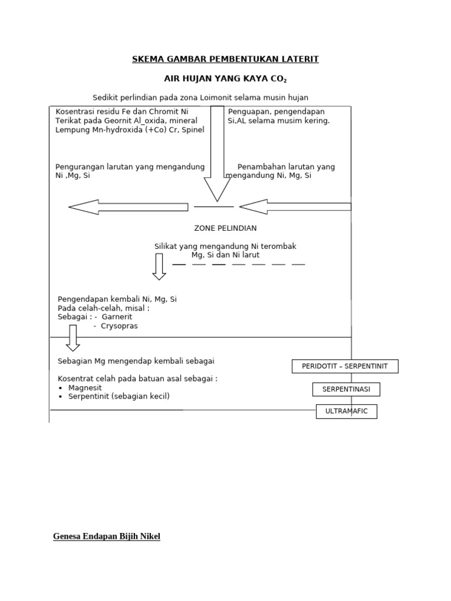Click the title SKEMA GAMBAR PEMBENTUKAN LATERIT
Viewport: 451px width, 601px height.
tap(225, 59)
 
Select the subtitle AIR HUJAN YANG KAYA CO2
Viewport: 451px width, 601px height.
tap(225, 79)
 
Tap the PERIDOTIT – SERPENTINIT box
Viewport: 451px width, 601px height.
tap(345, 366)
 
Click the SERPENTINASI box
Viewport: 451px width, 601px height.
tap(346, 389)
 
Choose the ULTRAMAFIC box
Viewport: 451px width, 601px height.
tap(346, 411)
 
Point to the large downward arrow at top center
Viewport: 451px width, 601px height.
tap(217, 153)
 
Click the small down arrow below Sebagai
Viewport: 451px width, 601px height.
tap(73, 337)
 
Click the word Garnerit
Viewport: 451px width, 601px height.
tap(117, 317)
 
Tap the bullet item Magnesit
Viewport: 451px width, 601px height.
tap(85, 388)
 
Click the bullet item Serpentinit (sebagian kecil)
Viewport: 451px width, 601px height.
tap(119, 397)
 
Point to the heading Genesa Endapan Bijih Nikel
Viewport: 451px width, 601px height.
tap(106, 536)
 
